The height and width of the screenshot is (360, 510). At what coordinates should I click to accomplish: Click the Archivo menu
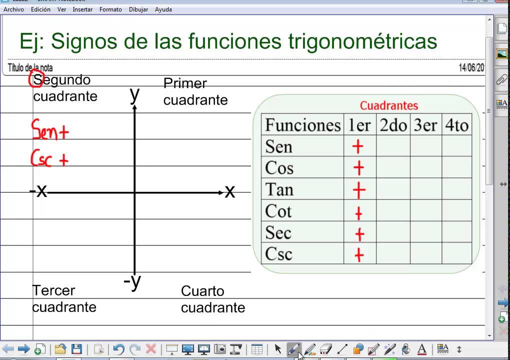click(x=13, y=9)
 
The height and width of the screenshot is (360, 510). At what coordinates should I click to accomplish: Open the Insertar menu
click(x=82, y=9)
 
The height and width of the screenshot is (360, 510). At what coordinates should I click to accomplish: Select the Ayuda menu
click(x=163, y=9)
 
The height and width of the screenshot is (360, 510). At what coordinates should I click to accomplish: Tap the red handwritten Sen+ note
click(x=49, y=130)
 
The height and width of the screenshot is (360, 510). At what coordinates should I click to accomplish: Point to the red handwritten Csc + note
click(x=49, y=158)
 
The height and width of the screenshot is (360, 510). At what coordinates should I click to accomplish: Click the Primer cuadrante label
click(x=195, y=91)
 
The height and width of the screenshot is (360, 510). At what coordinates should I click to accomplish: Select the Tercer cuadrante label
click(x=64, y=298)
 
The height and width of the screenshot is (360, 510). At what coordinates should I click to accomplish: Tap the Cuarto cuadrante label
click(x=213, y=299)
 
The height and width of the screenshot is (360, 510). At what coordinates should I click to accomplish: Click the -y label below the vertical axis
click(x=132, y=282)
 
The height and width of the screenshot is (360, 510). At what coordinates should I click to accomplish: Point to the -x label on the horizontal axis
click(x=38, y=190)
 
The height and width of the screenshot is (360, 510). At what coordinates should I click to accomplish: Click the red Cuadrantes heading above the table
click(x=389, y=105)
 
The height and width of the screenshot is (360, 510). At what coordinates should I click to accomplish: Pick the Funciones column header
click(x=302, y=124)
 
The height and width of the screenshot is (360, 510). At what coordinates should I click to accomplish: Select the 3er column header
click(x=425, y=124)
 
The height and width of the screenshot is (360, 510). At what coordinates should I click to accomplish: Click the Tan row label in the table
click(x=279, y=189)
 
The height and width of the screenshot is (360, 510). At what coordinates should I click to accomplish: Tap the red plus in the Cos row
click(x=358, y=168)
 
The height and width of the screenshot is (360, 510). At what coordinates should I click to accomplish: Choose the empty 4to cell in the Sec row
click(x=456, y=232)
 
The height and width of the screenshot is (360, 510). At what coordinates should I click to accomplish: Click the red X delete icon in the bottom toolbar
click(x=150, y=349)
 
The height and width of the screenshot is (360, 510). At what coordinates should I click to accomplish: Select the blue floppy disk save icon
click(x=76, y=349)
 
